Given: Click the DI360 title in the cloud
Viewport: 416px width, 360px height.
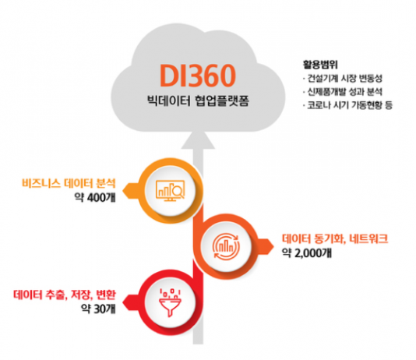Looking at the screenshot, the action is click(197, 76).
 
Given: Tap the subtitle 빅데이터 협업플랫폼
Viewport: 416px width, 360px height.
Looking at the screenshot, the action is click(198, 101).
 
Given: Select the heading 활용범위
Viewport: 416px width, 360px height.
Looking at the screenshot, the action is click(320, 65).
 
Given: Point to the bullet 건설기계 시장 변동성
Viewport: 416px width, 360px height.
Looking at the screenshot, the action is click(343, 79).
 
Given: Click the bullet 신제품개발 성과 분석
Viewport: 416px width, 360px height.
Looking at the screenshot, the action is click(343, 92).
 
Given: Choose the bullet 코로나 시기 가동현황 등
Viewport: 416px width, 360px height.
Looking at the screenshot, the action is click(347, 105).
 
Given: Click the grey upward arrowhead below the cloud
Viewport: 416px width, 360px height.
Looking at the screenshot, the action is click(198, 140).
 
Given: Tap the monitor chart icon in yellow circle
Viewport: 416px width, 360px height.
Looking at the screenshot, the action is click(170, 190).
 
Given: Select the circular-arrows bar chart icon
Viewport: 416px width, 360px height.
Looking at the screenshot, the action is click(226, 246).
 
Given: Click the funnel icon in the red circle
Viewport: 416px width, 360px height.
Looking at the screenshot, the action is click(170, 302).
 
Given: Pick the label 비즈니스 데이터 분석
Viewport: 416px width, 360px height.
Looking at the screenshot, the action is click(69, 183).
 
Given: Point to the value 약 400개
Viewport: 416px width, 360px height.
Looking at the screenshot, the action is click(95, 197).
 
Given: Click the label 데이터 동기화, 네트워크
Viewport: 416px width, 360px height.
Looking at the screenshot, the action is click(335, 238).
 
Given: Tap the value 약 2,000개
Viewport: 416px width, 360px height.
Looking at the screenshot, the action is click(307, 252).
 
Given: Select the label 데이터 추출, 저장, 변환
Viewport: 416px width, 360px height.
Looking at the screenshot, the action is click(65, 295).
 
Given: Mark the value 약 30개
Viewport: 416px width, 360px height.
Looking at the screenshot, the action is click(98, 309).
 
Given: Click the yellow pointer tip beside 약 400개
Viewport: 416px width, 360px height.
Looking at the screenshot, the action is click(123, 191).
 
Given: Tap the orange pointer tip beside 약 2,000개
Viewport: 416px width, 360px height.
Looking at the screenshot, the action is click(273, 246).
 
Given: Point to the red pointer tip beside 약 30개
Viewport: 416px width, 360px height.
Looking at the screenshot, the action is click(123, 302).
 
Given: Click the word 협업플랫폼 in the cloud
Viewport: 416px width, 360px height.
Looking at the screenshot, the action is click(221, 101).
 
